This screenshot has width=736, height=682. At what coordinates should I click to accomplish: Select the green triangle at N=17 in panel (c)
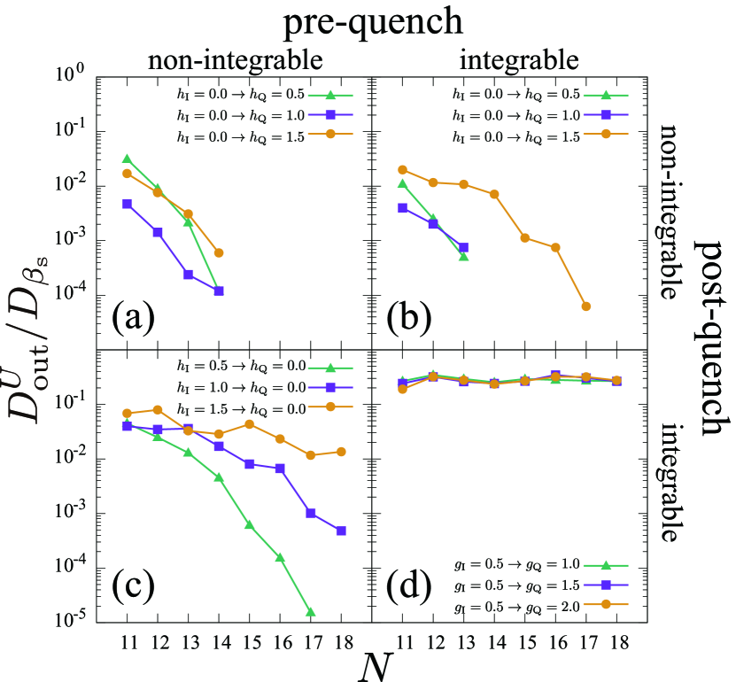point(311,612)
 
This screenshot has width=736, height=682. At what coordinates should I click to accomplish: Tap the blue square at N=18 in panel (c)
point(341,531)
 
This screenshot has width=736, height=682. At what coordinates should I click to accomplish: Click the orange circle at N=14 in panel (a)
point(218,252)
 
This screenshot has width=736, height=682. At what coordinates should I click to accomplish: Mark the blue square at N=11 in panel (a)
point(127,204)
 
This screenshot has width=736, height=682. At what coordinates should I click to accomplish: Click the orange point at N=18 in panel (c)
point(341,452)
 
